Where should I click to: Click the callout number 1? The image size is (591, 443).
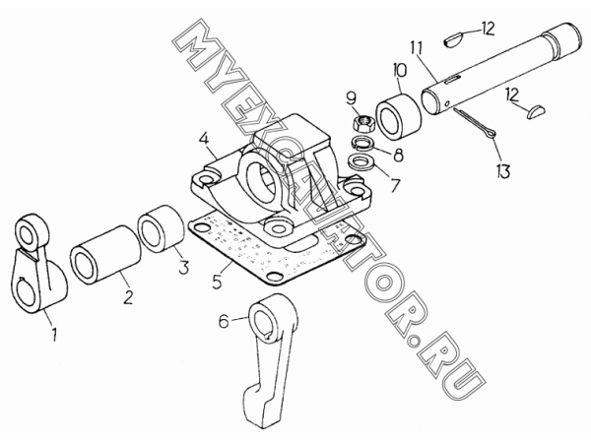click(54, 335)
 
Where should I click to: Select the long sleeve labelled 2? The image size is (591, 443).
click(104, 255)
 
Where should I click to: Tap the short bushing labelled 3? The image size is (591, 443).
click(162, 229)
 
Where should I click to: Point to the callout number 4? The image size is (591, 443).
click(204, 140)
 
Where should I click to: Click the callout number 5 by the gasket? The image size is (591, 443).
click(217, 282)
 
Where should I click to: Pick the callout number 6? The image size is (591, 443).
click(224, 322)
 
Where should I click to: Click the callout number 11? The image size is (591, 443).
click(417, 49)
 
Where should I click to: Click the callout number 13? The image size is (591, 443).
click(502, 171)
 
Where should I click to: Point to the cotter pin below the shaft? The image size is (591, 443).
click(477, 124)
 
